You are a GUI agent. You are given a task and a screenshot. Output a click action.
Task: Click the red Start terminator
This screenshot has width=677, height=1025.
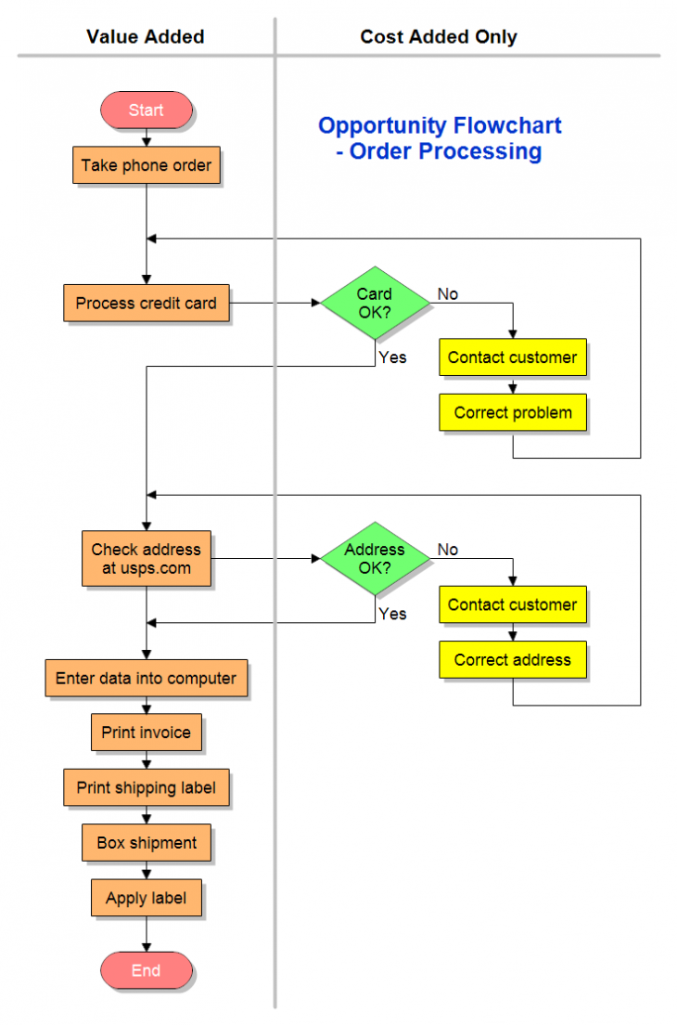click(146, 110)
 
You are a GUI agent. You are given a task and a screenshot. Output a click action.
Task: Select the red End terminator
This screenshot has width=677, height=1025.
click(146, 970)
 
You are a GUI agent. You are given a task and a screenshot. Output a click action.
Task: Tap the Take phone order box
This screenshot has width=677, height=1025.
click(146, 165)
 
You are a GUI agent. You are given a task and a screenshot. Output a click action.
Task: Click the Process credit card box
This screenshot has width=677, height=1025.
click(146, 304)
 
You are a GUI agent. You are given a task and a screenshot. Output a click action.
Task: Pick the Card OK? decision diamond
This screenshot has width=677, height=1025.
click(375, 304)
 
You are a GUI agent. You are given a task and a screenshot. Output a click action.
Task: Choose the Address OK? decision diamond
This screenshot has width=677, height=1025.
click(375, 558)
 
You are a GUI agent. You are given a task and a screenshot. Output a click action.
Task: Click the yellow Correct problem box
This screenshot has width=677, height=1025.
click(513, 412)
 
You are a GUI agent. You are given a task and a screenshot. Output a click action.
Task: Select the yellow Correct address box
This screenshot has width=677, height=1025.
click(513, 660)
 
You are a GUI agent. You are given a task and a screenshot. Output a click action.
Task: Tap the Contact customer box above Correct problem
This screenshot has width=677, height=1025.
click(513, 357)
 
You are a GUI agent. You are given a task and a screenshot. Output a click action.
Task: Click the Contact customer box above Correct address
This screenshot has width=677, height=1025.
click(513, 604)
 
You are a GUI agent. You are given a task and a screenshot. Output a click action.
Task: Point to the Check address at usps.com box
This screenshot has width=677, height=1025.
click(146, 559)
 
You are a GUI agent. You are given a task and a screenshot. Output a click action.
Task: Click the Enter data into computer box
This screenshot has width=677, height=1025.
click(146, 678)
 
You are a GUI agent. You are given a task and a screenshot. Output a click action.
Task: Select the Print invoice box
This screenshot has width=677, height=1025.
click(146, 733)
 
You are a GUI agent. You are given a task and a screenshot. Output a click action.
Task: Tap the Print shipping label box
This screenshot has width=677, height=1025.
click(146, 787)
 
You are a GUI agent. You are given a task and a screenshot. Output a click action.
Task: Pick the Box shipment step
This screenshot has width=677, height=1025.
click(146, 843)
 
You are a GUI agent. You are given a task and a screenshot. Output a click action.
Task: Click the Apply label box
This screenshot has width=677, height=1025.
click(146, 898)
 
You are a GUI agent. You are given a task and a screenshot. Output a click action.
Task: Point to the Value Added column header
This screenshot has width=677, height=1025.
click(146, 37)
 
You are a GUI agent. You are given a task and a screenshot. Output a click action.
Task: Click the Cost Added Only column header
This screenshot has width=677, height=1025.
click(439, 37)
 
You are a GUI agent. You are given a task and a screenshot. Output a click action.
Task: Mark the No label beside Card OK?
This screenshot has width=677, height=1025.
click(448, 294)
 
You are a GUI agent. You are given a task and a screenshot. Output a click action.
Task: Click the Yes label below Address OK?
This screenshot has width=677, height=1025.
click(392, 614)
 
